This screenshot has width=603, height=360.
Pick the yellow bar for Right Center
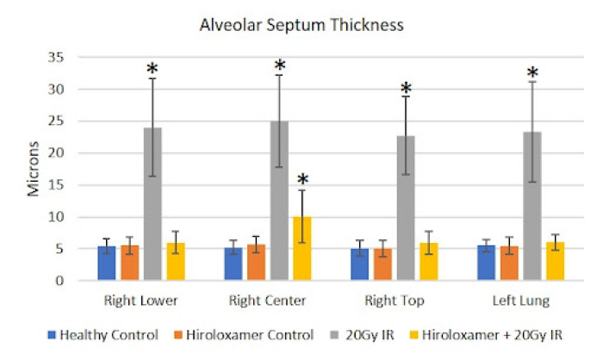click(x=301, y=249)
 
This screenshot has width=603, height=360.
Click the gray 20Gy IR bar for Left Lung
click(x=532, y=206)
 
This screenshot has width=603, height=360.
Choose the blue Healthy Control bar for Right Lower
click(x=107, y=264)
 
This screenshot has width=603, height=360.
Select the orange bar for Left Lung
click(x=509, y=264)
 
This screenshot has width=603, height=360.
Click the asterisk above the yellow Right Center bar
click(x=302, y=180)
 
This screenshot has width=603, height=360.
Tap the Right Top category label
click(x=394, y=302)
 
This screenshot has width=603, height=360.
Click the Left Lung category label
click(x=520, y=302)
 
